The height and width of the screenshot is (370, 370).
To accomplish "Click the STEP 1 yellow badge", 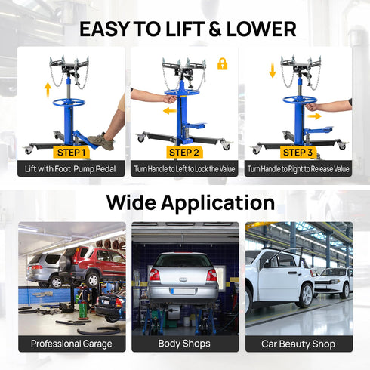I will click(72, 152).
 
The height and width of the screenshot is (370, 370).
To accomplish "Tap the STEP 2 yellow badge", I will click(184, 152).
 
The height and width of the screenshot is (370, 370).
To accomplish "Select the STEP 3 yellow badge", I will click(298, 152).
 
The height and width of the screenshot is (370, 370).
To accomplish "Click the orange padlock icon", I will click(222, 64).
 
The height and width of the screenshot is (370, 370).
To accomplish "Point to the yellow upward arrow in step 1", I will click(48, 89).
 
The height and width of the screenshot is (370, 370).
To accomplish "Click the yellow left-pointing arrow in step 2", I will click(170, 110).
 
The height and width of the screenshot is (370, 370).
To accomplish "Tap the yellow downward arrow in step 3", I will click(273, 72).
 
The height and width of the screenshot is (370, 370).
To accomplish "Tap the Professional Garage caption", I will click(72, 344).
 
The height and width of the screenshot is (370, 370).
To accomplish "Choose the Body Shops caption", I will click(184, 344).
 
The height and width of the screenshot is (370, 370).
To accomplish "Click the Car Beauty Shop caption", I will click(298, 344).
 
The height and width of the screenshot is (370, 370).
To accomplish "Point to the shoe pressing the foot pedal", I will click(101, 140).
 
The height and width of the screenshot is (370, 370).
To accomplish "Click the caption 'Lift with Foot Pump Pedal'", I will click(72, 169).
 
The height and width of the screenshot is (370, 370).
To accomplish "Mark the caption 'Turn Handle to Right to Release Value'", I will click(298, 169).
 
